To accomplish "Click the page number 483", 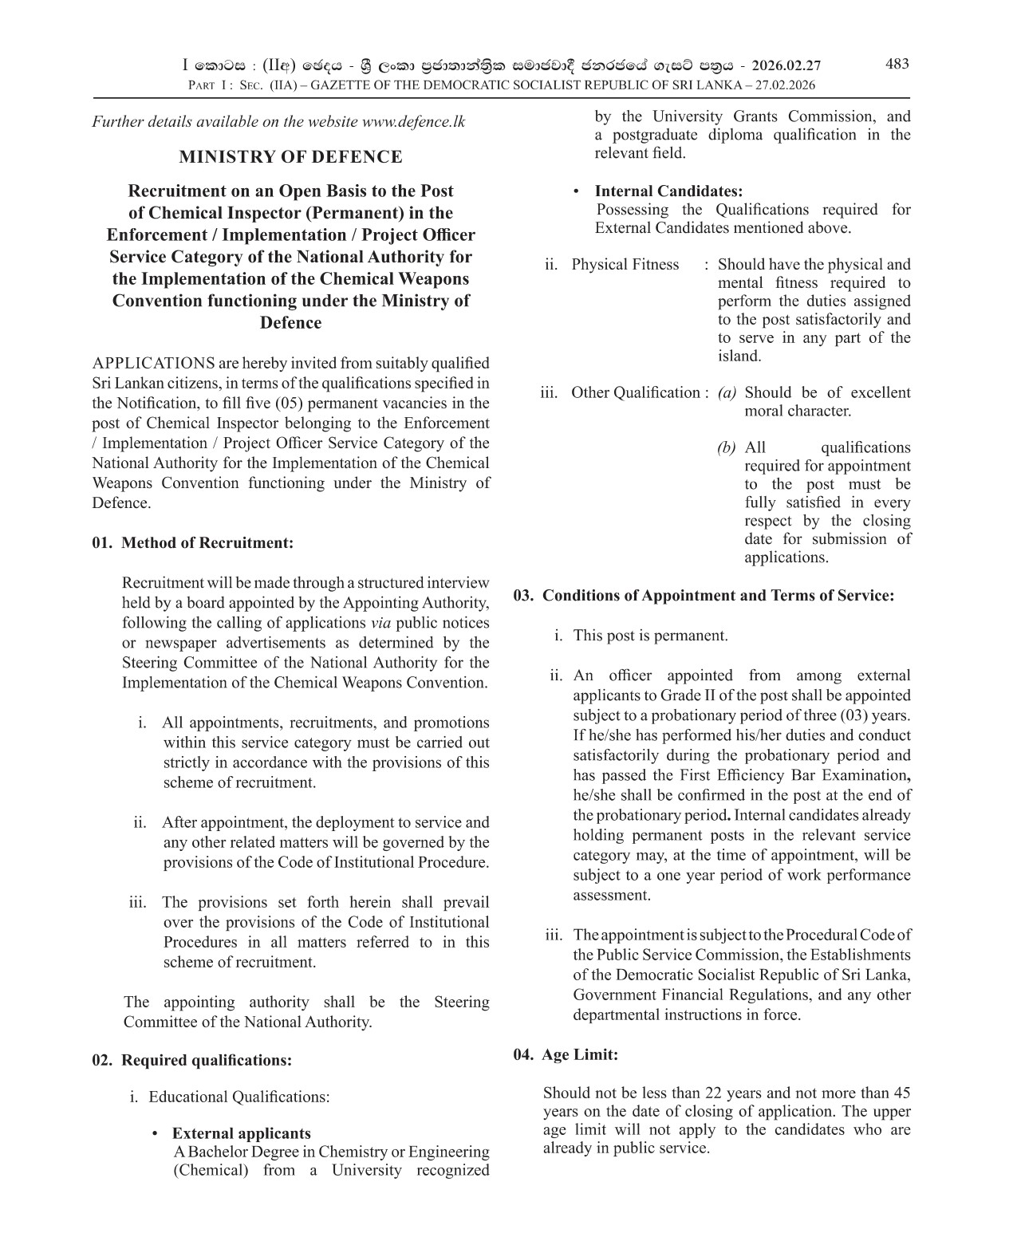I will (x=897, y=64).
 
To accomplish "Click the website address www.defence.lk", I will (x=413, y=121).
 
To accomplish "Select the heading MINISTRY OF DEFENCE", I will (x=290, y=156).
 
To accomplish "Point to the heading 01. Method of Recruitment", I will (x=193, y=543).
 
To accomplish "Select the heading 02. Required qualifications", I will (x=192, y=1060).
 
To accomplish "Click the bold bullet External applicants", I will (x=242, y=1133).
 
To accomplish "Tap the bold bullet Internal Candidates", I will (x=668, y=191).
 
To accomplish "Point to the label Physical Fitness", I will (x=625, y=265).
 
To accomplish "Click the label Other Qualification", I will (x=635, y=392).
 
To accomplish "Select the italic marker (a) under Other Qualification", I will (x=727, y=392).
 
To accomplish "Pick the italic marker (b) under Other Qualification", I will (x=727, y=447).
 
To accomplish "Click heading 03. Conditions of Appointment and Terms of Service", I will (x=704, y=596).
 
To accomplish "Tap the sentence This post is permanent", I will (x=650, y=636).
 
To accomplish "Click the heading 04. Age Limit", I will (x=566, y=1054).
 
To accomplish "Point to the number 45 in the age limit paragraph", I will (x=901, y=1093).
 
